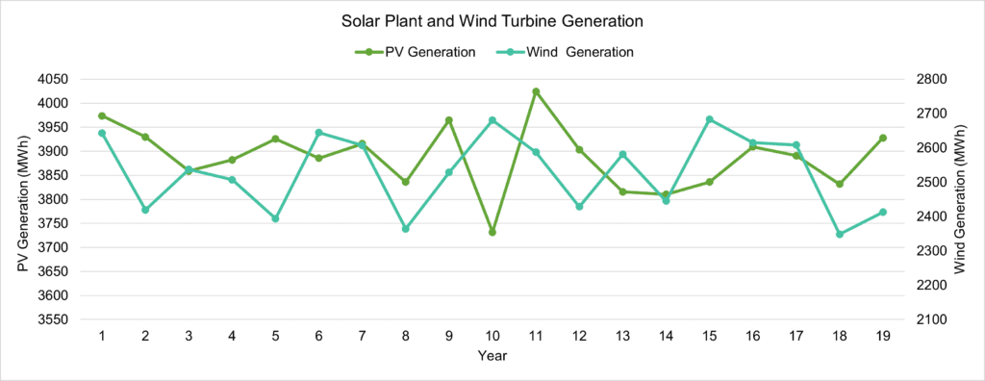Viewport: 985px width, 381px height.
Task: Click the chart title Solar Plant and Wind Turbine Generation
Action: (492, 19)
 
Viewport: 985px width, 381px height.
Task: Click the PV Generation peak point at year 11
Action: (536, 91)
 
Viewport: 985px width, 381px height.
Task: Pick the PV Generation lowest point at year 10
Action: (492, 232)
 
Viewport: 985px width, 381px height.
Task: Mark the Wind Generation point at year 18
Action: (840, 234)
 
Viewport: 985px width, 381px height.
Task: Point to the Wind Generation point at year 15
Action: (710, 119)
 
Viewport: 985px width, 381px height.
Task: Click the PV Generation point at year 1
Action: (102, 115)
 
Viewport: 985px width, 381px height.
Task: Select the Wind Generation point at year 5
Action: (275, 218)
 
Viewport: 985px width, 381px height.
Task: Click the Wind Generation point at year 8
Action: (406, 229)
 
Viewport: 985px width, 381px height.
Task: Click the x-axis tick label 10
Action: (492, 336)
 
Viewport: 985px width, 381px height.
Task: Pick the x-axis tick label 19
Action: (883, 336)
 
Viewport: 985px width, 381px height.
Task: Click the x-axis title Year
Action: (492, 356)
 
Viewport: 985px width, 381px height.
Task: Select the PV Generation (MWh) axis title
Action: (22, 199)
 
